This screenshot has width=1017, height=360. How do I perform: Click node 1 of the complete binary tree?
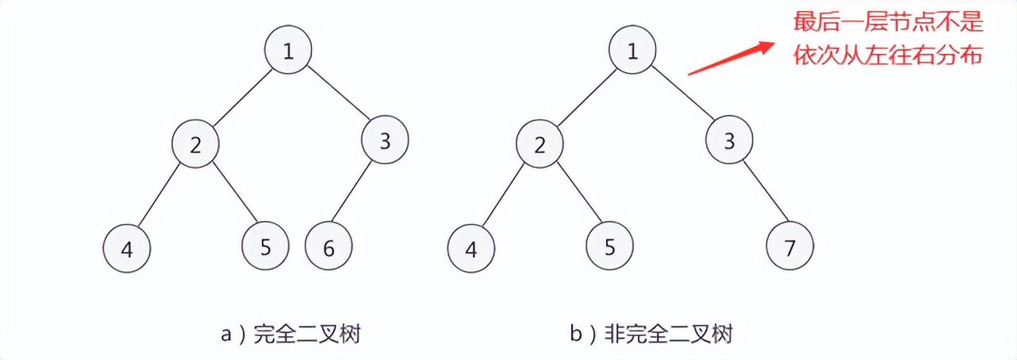288,51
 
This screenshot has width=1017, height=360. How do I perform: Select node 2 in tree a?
196,144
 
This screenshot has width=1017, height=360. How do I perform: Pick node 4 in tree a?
127,249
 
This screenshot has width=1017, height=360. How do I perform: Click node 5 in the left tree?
266,246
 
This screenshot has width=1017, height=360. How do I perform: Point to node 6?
328,247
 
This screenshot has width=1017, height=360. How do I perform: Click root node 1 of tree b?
632,51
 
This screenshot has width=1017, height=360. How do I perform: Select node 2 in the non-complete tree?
539,144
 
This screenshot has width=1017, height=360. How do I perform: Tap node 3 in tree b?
729,142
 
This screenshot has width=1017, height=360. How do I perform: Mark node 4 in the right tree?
471,249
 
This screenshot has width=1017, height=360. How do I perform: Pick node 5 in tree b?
609,246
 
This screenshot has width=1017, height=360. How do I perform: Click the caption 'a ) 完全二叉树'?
290,335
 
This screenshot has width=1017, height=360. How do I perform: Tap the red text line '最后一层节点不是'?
888,22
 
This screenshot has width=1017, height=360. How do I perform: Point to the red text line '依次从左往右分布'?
888,56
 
